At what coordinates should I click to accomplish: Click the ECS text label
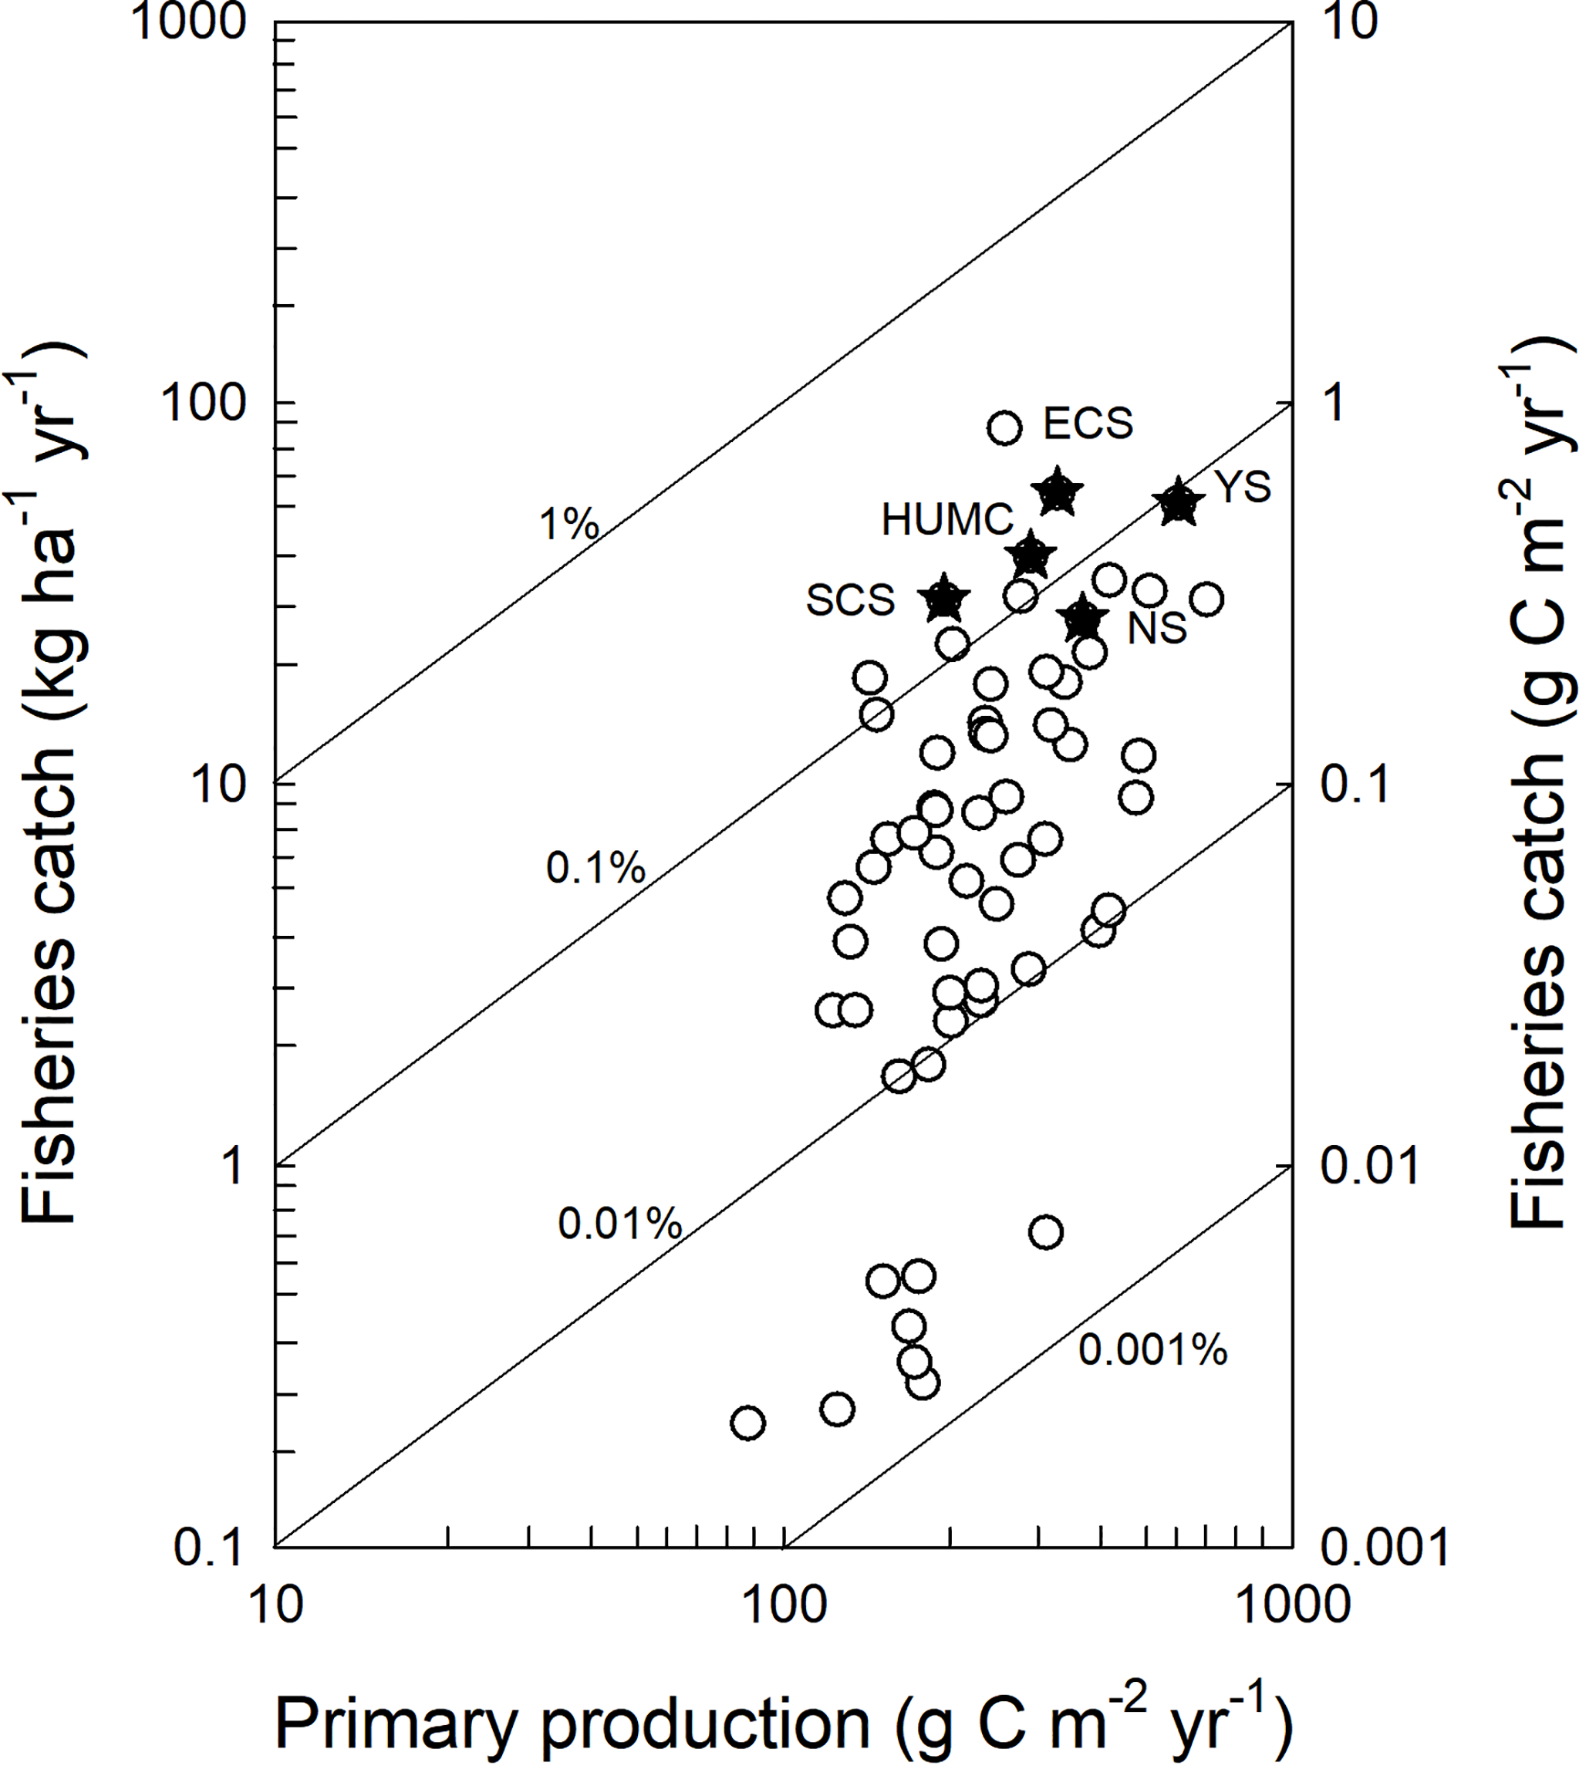1087,424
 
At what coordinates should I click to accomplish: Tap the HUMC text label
947,521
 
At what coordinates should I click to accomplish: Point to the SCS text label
850,600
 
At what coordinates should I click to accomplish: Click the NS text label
1156,628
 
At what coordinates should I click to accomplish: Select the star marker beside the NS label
1082,619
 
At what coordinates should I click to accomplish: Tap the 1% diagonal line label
569,524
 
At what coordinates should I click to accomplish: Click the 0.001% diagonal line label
1153,1350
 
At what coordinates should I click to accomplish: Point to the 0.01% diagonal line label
619,1224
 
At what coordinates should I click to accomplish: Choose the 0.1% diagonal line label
595,868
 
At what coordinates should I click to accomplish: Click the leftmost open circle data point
748,1423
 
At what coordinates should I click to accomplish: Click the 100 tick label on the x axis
784,1606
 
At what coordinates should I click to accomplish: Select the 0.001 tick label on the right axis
1385,1548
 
